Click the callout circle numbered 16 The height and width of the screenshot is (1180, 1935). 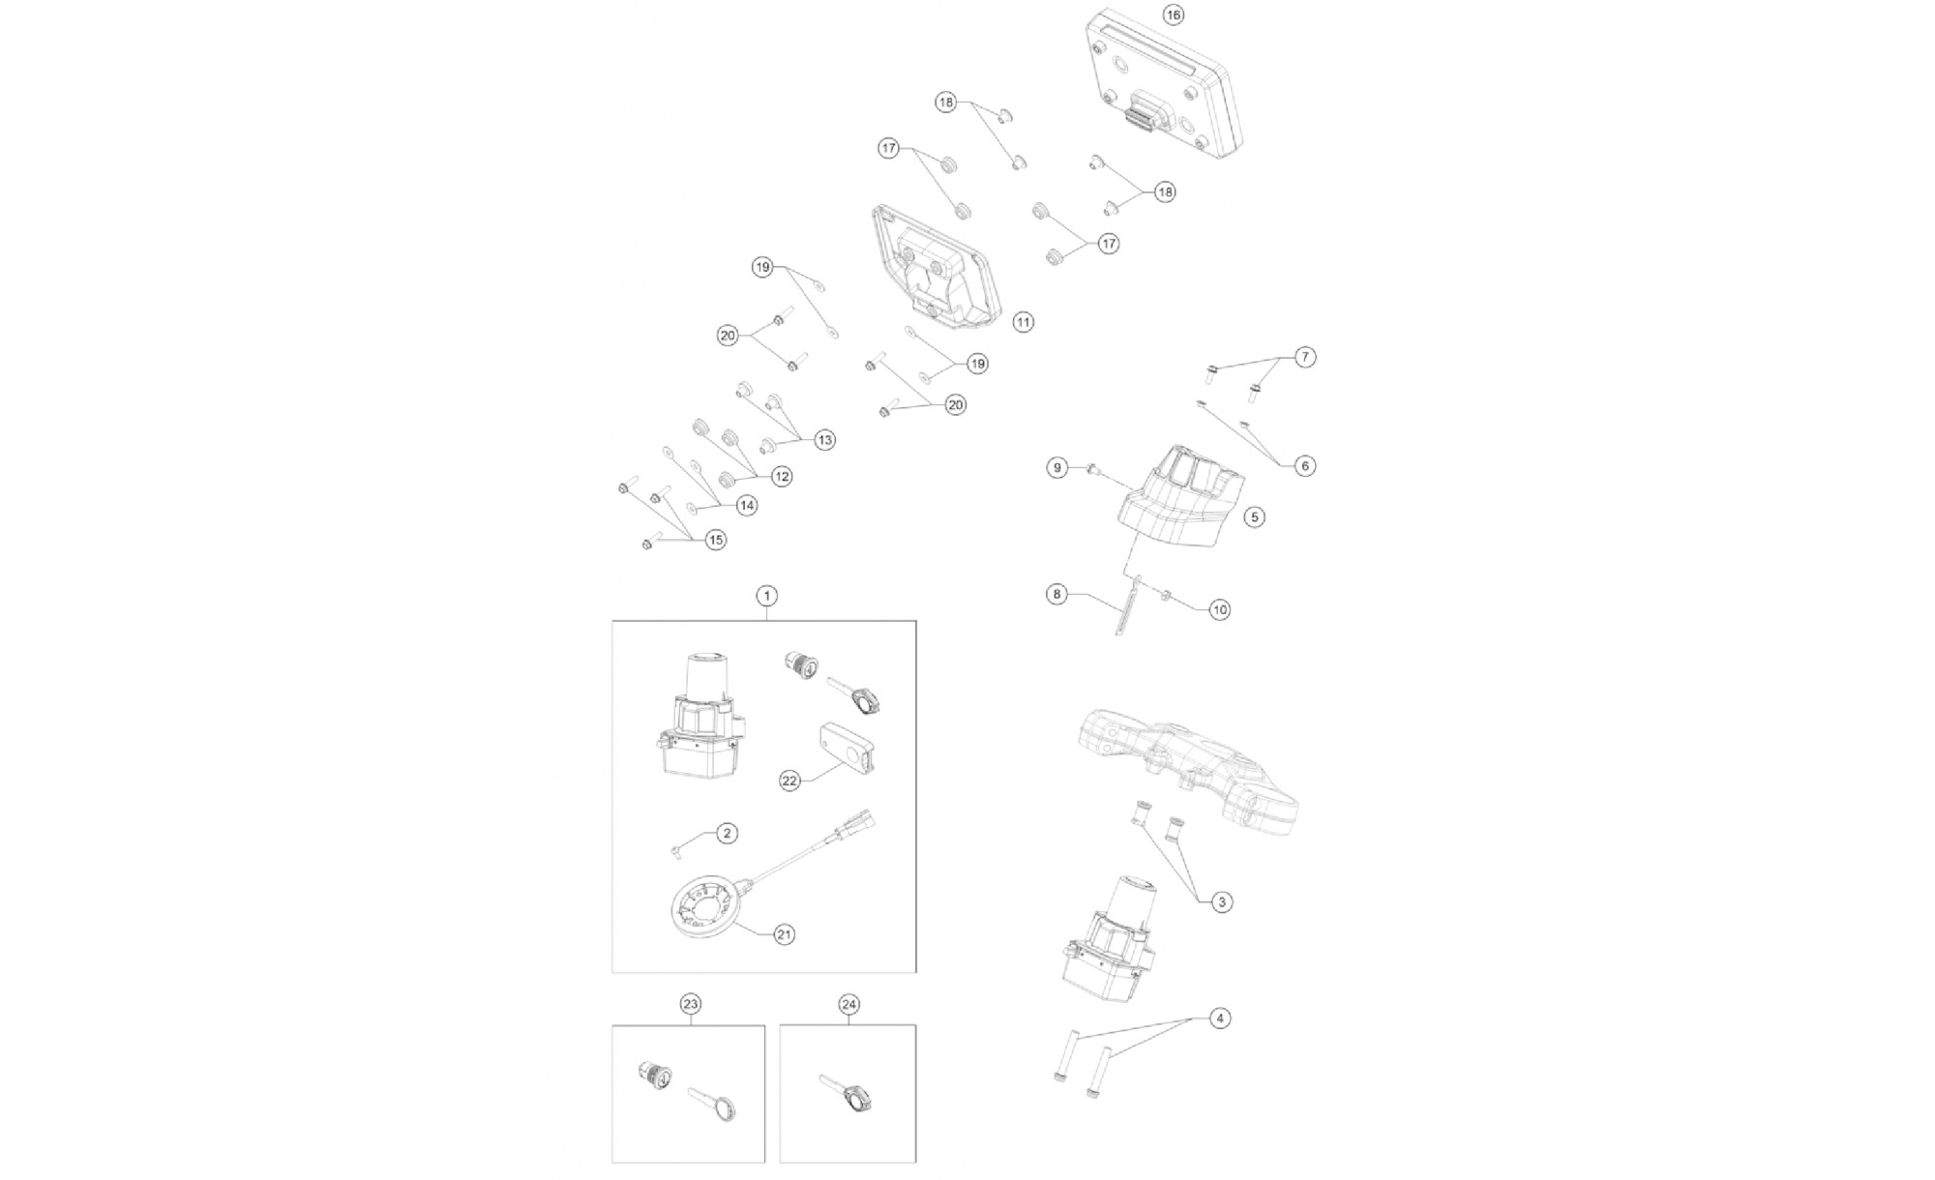click(x=1173, y=15)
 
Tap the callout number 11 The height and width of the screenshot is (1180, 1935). click(x=1024, y=322)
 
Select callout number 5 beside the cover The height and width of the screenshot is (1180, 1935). click(x=1254, y=516)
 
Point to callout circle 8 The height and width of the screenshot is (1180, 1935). click(x=1057, y=593)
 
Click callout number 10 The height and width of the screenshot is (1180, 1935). click(x=1220, y=609)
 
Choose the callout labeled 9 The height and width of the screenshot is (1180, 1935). click(x=1057, y=467)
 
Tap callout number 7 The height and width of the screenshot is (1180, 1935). click(x=1304, y=357)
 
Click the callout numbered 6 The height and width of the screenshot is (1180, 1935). click(x=1304, y=465)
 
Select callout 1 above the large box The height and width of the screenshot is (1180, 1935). click(x=765, y=595)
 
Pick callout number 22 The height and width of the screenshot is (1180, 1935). click(x=790, y=781)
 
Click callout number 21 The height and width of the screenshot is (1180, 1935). click(x=785, y=934)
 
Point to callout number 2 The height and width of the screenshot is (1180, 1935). click(x=727, y=833)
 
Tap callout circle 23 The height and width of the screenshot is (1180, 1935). click(x=690, y=1004)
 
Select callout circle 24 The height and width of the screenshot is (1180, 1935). click(x=848, y=1004)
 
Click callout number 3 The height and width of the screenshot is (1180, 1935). click(x=1222, y=901)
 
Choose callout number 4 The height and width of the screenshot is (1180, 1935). click(x=1220, y=1018)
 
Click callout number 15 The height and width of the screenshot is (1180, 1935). click(x=715, y=540)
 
